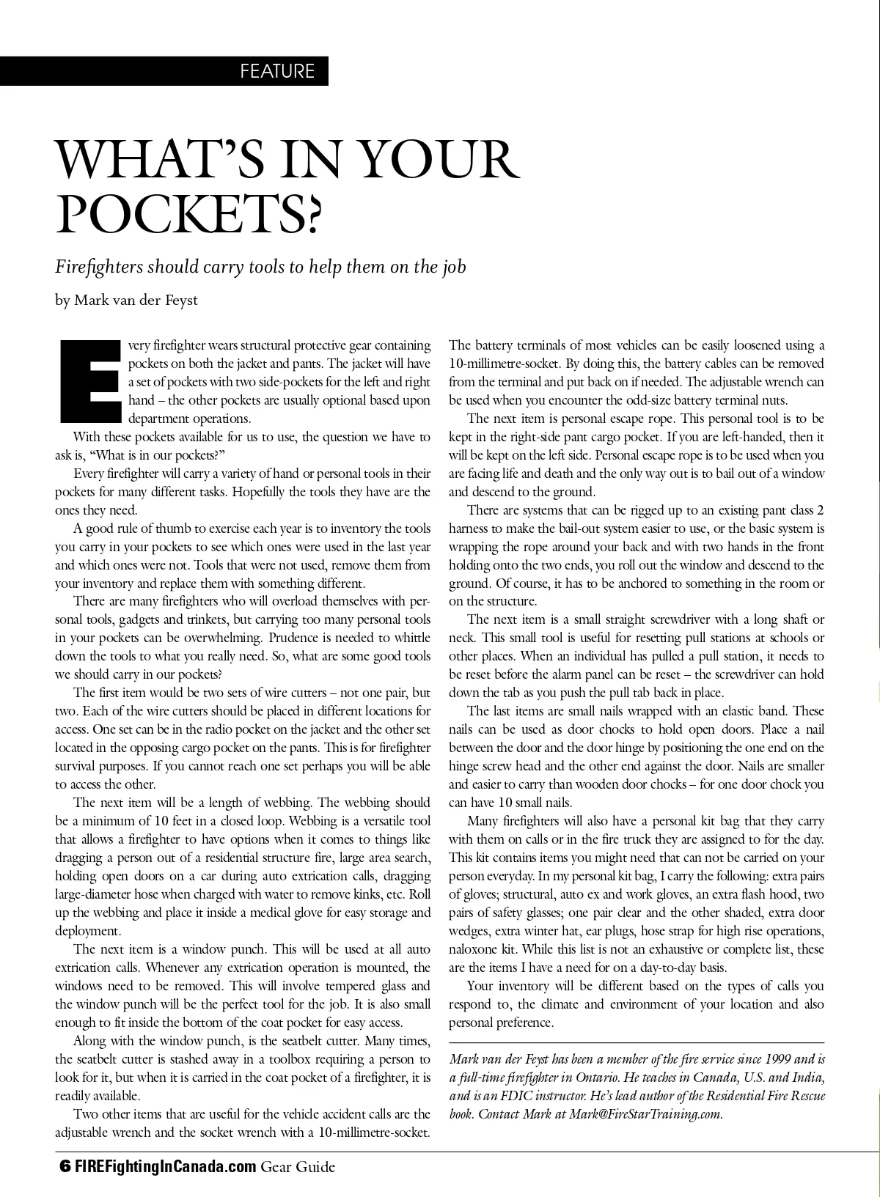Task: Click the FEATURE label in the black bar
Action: pyautogui.click(x=277, y=71)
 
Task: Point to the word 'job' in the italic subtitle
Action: pyautogui.click(x=453, y=266)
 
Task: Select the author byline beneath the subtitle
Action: pyautogui.click(x=126, y=300)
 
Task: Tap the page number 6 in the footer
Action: pyautogui.click(x=64, y=1165)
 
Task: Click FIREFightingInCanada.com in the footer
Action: pyautogui.click(x=164, y=1165)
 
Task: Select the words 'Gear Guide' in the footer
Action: pyautogui.click(x=298, y=1165)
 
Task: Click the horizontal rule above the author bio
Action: pyautogui.click(x=637, y=1042)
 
